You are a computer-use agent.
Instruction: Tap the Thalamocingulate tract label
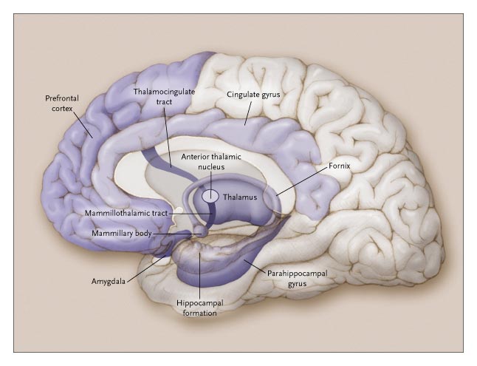tap(163, 97)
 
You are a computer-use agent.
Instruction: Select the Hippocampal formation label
tap(198, 308)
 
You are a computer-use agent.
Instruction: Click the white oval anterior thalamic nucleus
tap(211, 196)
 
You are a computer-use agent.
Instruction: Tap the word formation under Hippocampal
tap(198, 313)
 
